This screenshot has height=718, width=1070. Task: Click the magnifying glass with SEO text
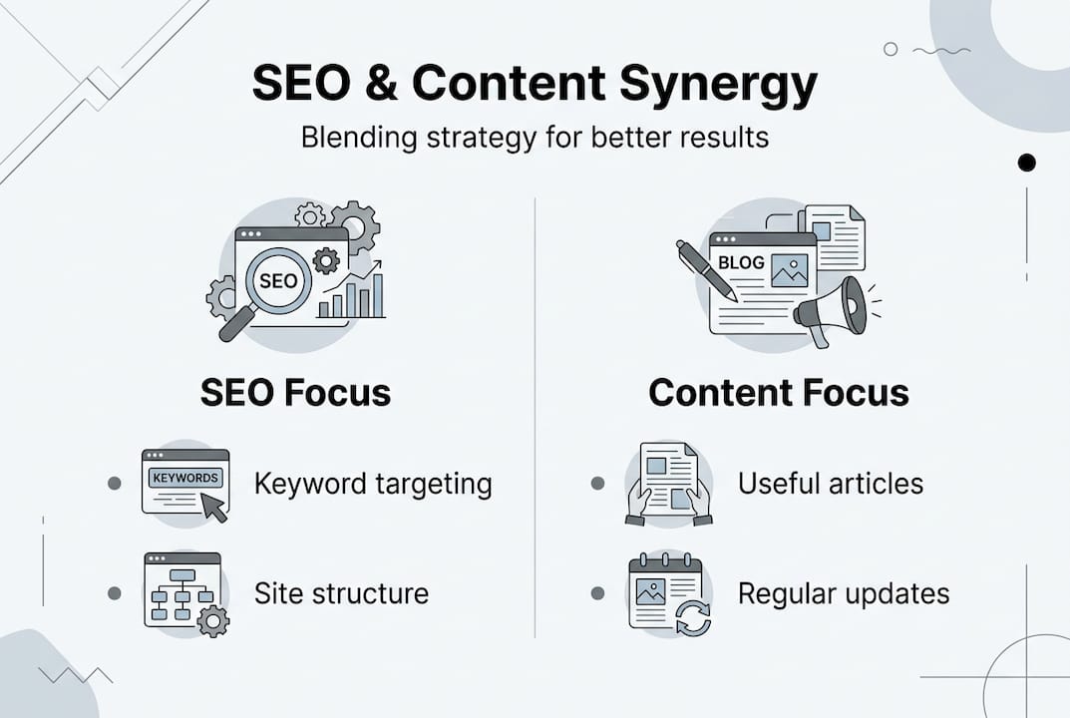click(x=276, y=282)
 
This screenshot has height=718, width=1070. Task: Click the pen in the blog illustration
click(x=706, y=269)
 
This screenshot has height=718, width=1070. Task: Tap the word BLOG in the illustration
click(x=741, y=263)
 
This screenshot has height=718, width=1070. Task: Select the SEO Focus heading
click(x=295, y=392)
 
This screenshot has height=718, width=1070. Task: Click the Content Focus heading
click(x=779, y=392)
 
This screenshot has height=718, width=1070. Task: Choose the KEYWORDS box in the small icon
click(x=184, y=478)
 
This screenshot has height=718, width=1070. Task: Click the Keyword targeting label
click(x=373, y=484)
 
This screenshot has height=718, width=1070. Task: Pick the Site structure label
click(x=341, y=593)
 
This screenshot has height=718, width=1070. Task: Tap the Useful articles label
click(x=830, y=484)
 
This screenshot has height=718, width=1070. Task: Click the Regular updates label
click(x=843, y=593)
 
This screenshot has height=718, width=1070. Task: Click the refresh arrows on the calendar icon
click(x=692, y=617)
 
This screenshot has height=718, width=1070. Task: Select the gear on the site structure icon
click(x=212, y=621)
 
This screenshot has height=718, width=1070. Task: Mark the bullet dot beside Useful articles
click(x=597, y=484)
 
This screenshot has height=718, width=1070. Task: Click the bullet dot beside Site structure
click(x=114, y=593)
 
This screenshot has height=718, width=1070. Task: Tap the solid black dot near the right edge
click(x=1026, y=163)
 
